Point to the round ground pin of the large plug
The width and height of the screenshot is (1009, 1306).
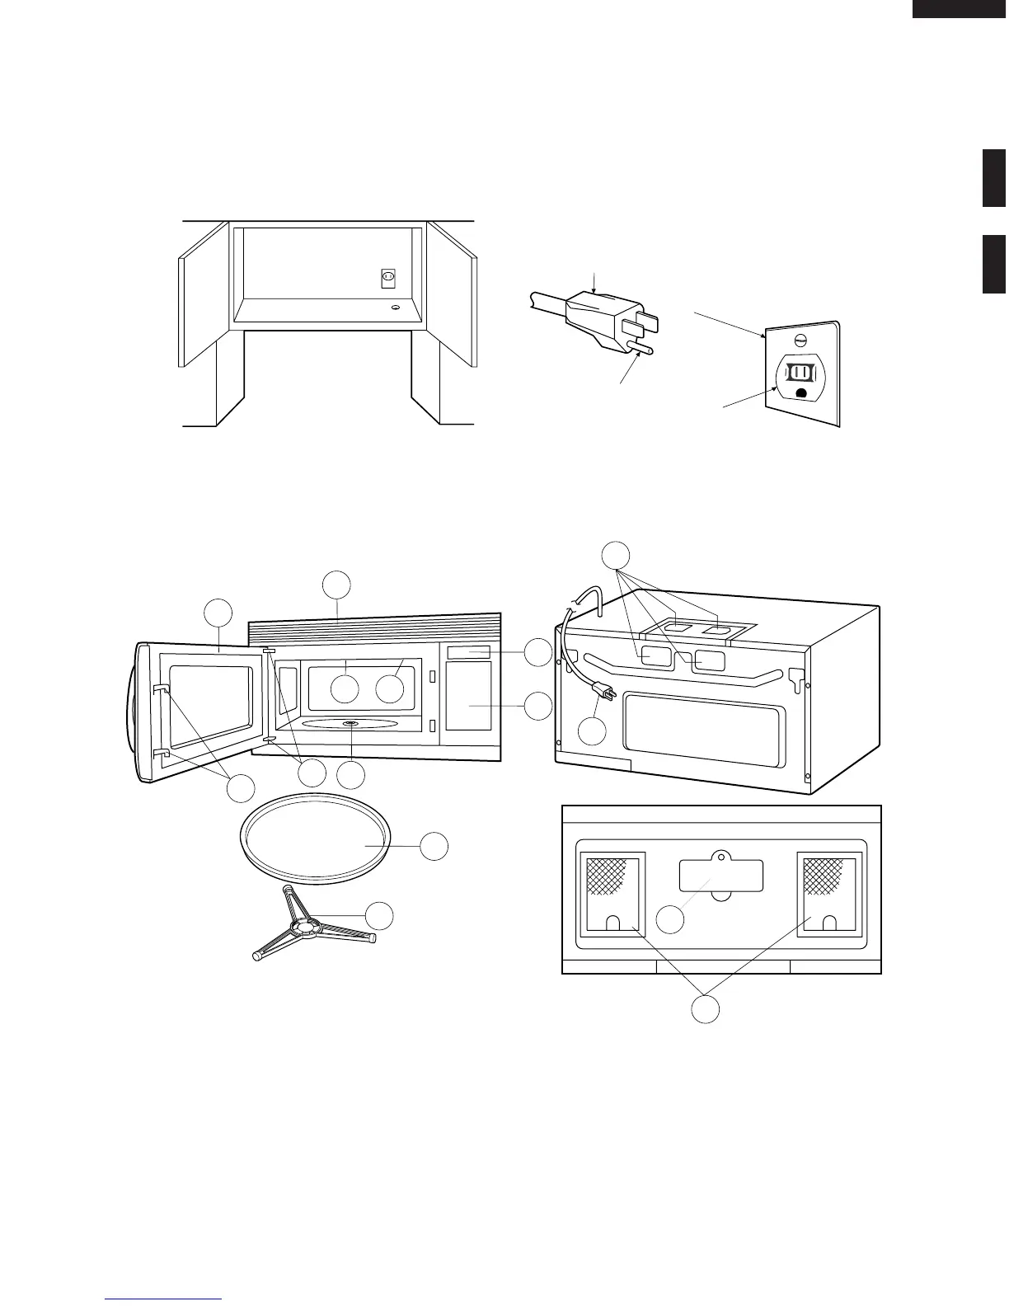click(641, 348)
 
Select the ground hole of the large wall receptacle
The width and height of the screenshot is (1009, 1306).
click(800, 392)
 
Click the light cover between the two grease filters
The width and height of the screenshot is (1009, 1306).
click(720, 876)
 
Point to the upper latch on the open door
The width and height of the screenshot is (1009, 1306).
click(161, 689)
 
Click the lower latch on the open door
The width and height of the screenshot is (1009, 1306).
click(160, 752)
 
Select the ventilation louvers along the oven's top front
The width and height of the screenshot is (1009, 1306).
click(375, 632)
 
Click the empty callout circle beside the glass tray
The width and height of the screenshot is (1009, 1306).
click(434, 846)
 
